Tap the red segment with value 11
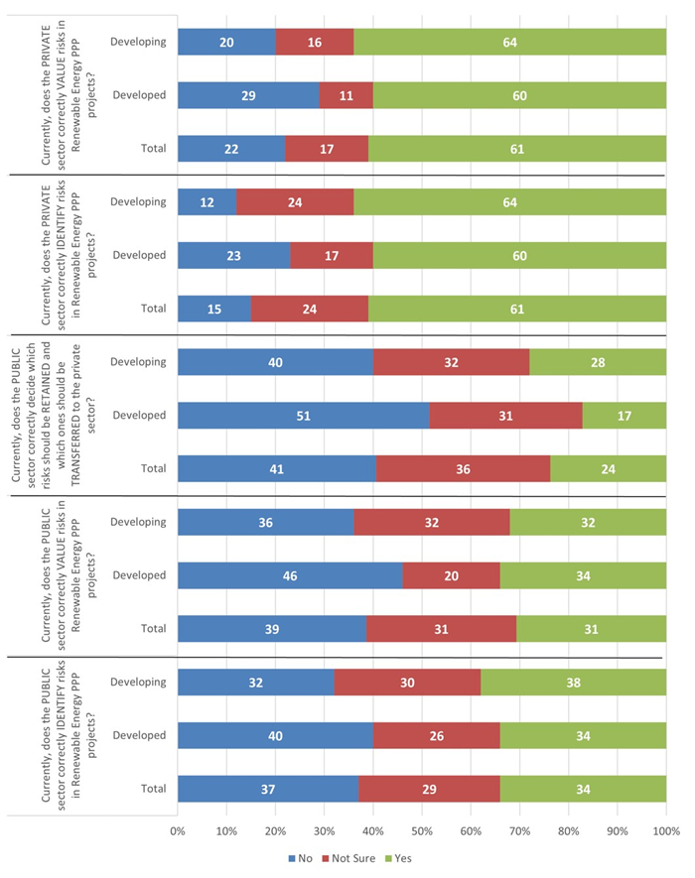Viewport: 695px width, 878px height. coord(346,95)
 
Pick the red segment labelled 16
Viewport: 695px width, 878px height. coord(315,42)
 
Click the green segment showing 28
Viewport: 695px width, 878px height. coord(598,361)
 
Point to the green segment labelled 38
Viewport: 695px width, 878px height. coord(573,682)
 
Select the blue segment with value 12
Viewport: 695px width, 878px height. coord(208,201)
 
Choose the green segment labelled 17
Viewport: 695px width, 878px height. coord(625,415)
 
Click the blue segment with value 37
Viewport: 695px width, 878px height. coord(268,789)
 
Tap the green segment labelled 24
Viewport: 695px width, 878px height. coord(608,468)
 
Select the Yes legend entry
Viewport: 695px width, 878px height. coord(410,858)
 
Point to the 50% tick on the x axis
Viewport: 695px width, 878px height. coord(422,830)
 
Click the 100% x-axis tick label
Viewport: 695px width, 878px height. coord(665,830)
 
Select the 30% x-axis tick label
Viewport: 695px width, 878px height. coord(325,830)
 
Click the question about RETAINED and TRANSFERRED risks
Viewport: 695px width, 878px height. coord(42,415)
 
